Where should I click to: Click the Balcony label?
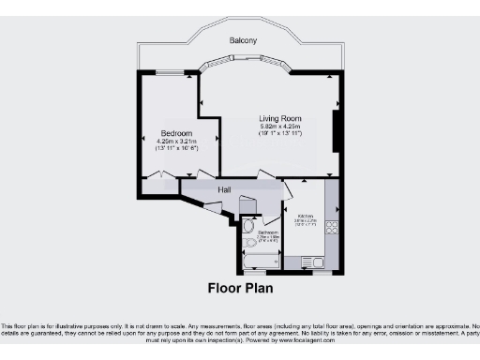tap(243, 41)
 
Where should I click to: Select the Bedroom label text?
tap(175, 133)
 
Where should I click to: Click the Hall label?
tap(225, 190)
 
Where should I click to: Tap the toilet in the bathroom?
tap(248, 225)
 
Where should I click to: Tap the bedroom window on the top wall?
tap(170, 72)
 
